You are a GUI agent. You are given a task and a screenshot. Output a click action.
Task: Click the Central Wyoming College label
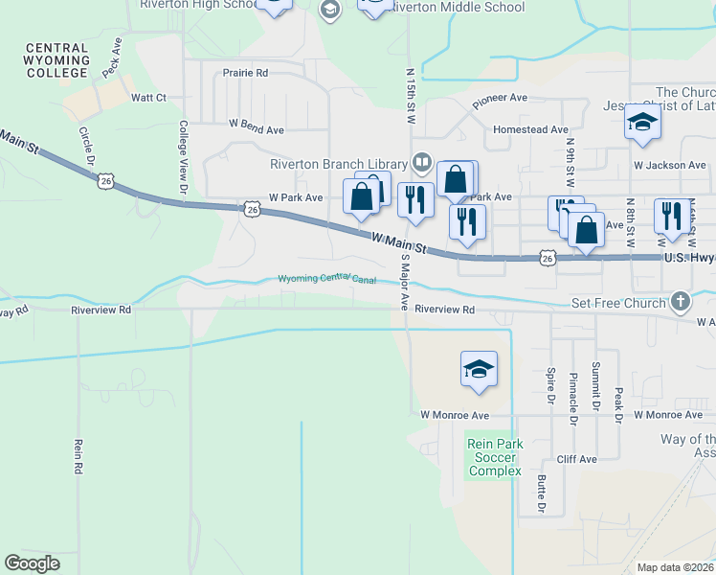coord(57,59)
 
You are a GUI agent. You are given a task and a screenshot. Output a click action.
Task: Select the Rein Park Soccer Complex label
coord(495,456)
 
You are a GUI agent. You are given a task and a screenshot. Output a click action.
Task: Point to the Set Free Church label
coord(617,303)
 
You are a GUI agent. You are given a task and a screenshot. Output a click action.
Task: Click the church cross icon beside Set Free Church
coord(680,303)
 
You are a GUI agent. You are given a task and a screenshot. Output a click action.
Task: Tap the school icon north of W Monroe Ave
coord(479,369)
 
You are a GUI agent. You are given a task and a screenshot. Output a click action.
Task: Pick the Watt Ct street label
coord(148,98)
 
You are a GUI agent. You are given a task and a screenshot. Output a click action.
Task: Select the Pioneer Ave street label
coord(500,98)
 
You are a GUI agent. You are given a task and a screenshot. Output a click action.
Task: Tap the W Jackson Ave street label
coord(669,165)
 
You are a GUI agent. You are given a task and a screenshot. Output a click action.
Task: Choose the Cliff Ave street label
coord(576,459)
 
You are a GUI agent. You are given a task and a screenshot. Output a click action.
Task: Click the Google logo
coord(32,563)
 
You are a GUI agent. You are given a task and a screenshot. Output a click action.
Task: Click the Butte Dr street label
coord(542,493)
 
